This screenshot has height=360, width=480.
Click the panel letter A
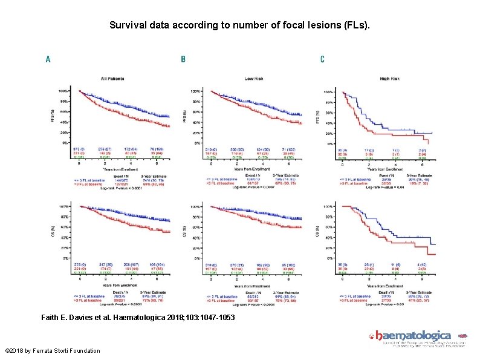(x=48, y=59)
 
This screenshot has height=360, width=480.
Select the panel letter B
(x=183, y=59)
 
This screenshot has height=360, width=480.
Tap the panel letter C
(x=322, y=59)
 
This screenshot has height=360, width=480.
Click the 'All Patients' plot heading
(x=114, y=79)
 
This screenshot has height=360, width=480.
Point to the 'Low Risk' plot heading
(x=253, y=79)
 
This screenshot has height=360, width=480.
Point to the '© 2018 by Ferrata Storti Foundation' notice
(x=53, y=351)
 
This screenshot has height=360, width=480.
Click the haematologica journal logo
(x=417, y=336)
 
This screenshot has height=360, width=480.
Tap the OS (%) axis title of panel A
(x=52, y=232)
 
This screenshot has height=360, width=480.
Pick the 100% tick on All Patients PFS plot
(x=62, y=91)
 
